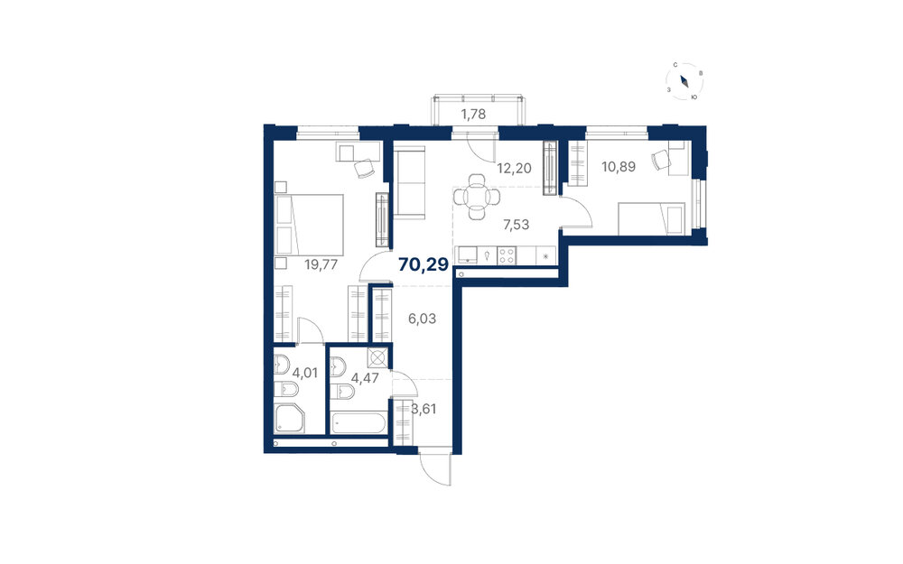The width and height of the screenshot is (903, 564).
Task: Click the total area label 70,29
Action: click(x=424, y=264)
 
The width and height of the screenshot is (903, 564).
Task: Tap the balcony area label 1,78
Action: click(x=473, y=115)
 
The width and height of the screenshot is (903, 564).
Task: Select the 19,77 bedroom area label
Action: click(x=321, y=264)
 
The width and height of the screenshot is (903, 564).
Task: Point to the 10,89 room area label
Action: click(x=619, y=167)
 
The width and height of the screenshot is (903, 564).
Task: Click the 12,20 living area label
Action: click(x=515, y=169)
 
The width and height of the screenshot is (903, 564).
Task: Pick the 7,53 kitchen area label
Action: click(x=516, y=225)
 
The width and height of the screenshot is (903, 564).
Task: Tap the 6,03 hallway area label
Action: click(x=422, y=319)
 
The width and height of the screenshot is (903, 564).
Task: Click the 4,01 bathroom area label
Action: click(x=304, y=373)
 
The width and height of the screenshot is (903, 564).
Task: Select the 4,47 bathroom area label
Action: click(x=365, y=378)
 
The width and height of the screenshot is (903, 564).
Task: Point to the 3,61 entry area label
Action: click(x=424, y=410)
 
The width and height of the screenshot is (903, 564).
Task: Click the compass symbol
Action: click(x=684, y=81)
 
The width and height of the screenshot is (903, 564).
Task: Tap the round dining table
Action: click(x=476, y=198)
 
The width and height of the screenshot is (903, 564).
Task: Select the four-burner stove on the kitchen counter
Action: click(x=507, y=255)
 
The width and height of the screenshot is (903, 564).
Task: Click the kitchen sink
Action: click(x=467, y=255)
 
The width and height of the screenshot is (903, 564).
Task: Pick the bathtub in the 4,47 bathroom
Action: click(x=358, y=423)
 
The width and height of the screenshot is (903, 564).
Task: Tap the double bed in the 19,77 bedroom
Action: click(x=309, y=225)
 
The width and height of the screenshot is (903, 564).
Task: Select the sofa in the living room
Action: click(x=409, y=182)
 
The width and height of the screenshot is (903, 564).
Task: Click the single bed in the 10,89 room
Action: click(x=651, y=218)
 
